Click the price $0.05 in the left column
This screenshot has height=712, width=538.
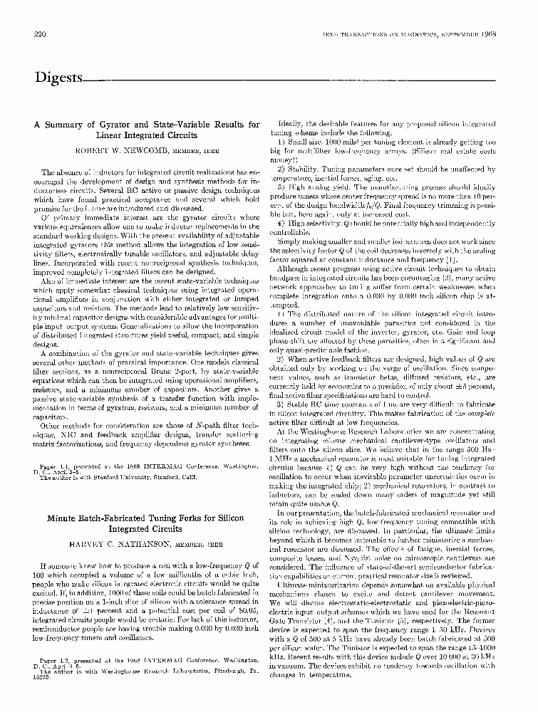247,608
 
